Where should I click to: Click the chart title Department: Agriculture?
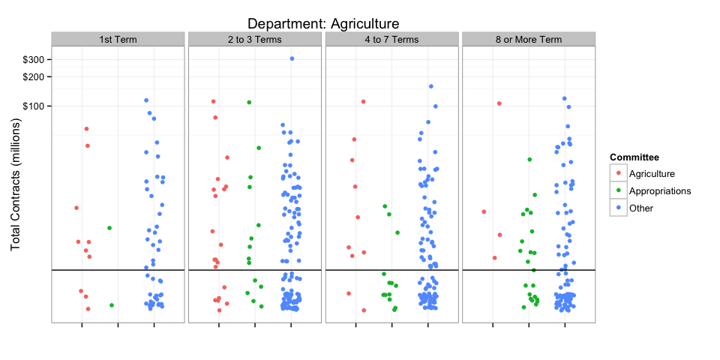pyautogui.click(x=323, y=24)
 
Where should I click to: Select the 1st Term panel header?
pyautogui.click(x=118, y=39)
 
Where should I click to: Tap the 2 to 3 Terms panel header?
pyautogui.click(x=255, y=39)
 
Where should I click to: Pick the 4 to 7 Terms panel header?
pyautogui.click(x=391, y=39)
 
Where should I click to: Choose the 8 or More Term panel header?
pyautogui.click(x=529, y=39)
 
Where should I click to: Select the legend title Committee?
pyautogui.click(x=634, y=157)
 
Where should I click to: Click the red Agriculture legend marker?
pyautogui.click(x=618, y=174)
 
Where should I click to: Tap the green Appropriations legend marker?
pyautogui.click(x=618, y=191)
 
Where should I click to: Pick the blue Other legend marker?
pyautogui.click(x=618, y=208)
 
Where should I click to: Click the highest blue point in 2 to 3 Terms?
pyautogui.click(x=292, y=58)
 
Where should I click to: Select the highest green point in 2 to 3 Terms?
pyautogui.click(x=249, y=103)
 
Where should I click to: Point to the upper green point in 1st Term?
pyautogui.click(x=109, y=228)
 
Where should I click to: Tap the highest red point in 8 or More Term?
pyautogui.click(x=499, y=103)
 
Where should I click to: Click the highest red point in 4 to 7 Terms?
pyautogui.click(x=363, y=102)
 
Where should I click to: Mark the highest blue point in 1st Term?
pyautogui.click(x=146, y=100)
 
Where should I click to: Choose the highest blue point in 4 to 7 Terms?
pyautogui.click(x=431, y=86)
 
